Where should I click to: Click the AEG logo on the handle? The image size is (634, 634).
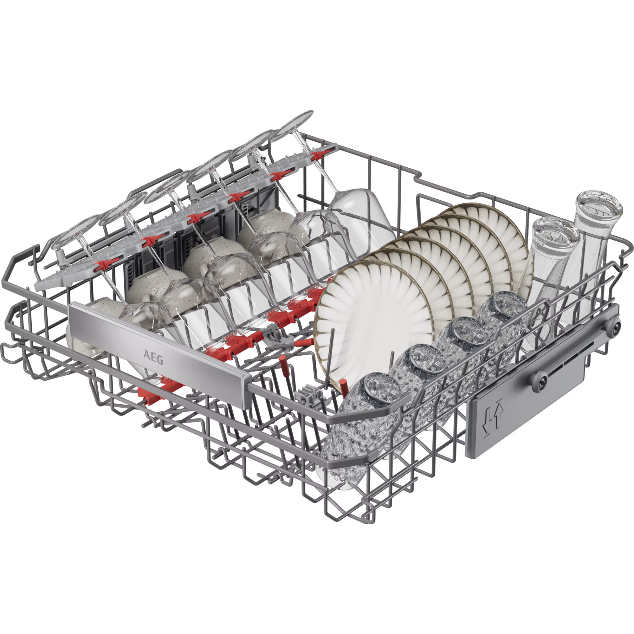pyautogui.click(x=153, y=357)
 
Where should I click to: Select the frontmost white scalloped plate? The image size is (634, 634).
pyautogui.click(x=374, y=325)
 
